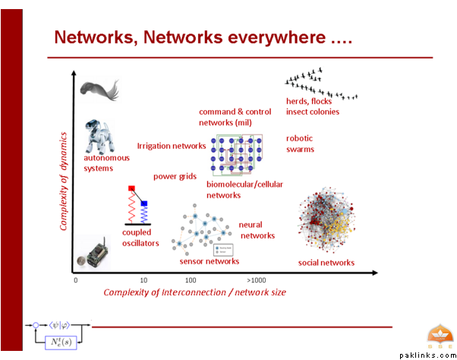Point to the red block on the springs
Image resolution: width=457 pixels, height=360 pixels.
pos(131,188)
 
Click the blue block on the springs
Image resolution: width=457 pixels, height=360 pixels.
pos(143,204)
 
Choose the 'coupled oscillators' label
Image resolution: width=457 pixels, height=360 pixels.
pos(140,238)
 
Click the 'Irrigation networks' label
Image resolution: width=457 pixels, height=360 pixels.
pos(171,146)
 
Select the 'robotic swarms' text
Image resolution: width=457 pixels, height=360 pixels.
pos(300,144)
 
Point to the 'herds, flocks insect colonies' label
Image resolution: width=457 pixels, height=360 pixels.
pos(312,106)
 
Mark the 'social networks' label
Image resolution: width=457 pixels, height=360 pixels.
pos(326,263)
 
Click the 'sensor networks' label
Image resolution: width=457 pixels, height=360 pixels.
pos(209,261)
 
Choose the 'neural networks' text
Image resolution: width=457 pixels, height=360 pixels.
pos(257,230)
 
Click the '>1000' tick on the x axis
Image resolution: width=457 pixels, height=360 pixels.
pos(257,280)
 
